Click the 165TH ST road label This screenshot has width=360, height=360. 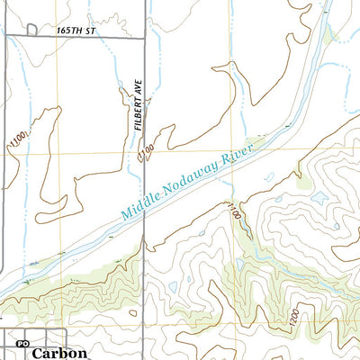pos(75,30)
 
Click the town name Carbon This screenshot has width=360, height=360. pos(59,353)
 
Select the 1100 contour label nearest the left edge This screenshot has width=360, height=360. pos(13,140)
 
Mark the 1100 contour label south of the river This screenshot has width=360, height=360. pos(235,214)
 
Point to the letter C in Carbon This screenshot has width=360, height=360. pos(37,353)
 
